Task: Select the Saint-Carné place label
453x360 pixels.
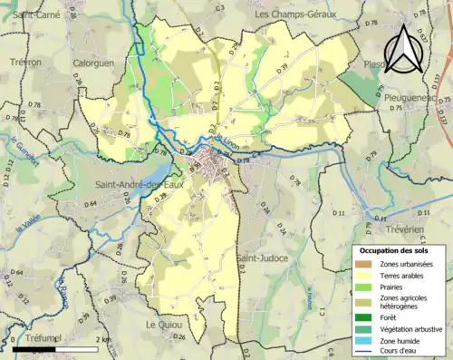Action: [x=37, y=15]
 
